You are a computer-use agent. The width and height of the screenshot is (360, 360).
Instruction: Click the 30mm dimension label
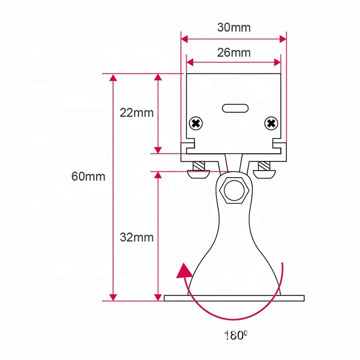[x=234, y=27]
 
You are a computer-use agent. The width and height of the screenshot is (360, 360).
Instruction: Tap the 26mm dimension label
[x=234, y=52]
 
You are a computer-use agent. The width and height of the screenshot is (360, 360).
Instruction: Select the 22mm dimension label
[x=137, y=113]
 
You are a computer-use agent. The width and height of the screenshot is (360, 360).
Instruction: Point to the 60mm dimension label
[x=88, y=176]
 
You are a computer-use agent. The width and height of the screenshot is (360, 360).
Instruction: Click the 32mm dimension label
[x=137, y=237]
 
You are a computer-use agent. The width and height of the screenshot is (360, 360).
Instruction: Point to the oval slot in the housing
[x=234, y=108]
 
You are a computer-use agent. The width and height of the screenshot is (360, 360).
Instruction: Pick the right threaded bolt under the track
[x=265, y=169]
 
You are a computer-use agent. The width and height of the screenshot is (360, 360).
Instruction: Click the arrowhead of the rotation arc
[x=183, y=272]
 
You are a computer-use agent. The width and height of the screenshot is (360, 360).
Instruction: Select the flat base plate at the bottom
[x=234, y=298]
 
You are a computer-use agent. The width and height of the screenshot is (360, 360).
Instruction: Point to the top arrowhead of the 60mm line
[x=113, y=78]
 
